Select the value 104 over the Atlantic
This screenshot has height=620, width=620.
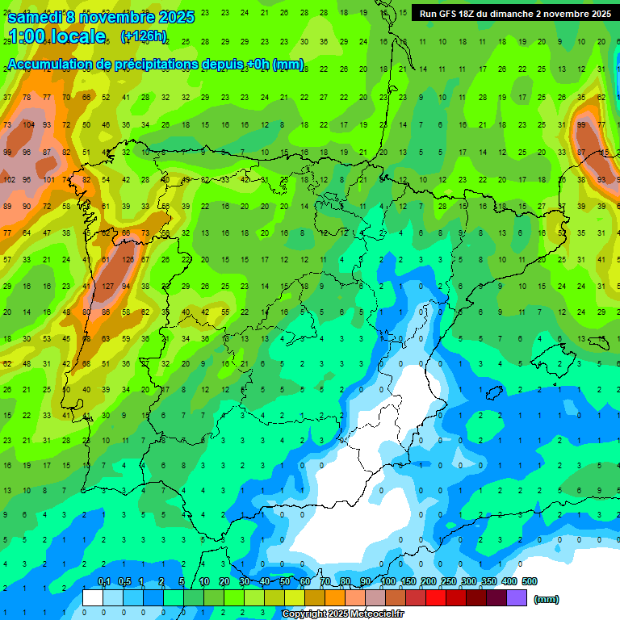28,125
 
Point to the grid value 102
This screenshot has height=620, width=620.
9,179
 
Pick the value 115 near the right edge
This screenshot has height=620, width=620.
604,153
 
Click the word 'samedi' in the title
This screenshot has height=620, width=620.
34,17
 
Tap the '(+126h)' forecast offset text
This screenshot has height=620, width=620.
143,36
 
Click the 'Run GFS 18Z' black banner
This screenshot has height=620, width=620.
514,14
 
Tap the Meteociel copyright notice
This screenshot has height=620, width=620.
342,614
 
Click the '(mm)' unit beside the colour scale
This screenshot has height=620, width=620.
547,599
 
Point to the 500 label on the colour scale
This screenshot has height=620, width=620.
530,581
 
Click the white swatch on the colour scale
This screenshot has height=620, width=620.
93,597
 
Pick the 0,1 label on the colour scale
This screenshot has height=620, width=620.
103,581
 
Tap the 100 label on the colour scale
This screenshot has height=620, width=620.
388,581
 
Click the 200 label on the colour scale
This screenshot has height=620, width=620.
429,581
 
